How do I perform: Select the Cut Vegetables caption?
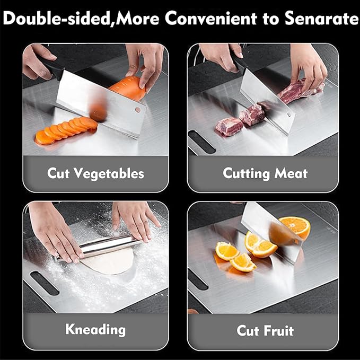(x=95, y=173)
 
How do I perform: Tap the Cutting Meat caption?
(x=265, y=173)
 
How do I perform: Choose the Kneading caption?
(x=95, y=329)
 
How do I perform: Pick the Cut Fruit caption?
(x=265, y=331)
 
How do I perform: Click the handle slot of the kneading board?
(x=45, y=283)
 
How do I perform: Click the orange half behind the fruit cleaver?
(x=295, y=226)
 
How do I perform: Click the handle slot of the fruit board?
(x=198, y=279)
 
